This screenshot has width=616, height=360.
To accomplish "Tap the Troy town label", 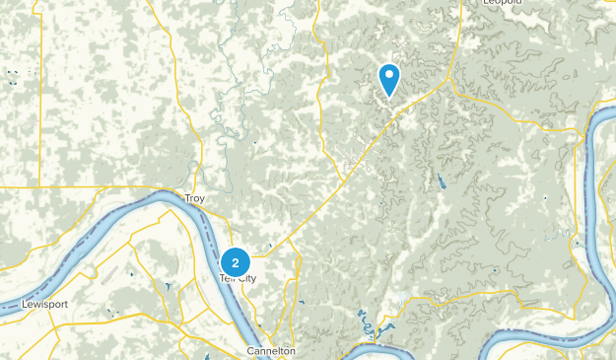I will tap(193, 197).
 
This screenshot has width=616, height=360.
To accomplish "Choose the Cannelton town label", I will tap(271, 350).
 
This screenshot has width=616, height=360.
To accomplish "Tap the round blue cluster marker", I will tap(235, 262).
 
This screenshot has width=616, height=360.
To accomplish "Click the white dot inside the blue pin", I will tap(389, 74).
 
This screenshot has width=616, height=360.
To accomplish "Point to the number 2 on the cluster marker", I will tap(235, 262).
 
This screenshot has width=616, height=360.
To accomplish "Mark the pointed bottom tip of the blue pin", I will tap(389, 98).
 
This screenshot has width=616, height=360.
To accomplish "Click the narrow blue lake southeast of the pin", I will tap(439, 182).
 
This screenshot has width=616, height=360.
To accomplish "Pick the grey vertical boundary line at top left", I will tap(40, 89).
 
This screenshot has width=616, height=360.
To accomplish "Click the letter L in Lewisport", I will tap(24, 305).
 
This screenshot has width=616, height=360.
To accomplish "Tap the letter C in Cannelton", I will tap(250, 350).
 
